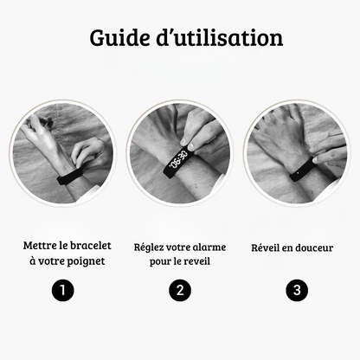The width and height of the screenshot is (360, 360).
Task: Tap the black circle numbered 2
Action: [x=180, y=291]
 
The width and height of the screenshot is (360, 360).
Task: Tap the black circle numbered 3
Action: [x=298, y=291]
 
